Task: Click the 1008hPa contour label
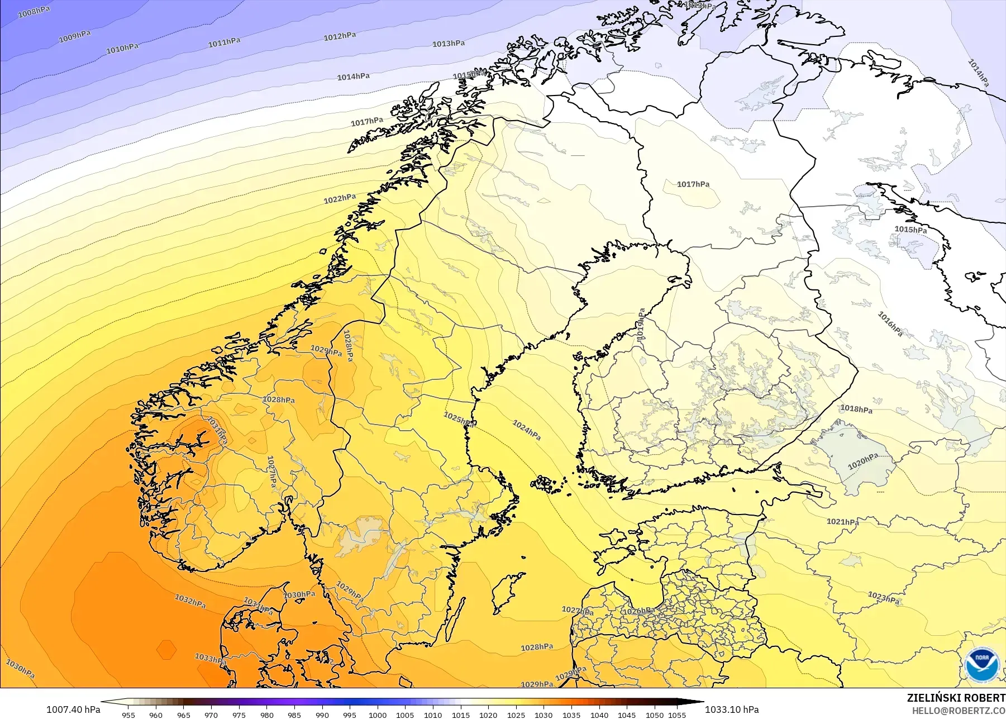[34, 12]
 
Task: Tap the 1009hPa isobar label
[75, 36]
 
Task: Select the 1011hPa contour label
[224, 42]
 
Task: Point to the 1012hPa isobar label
[340, 36]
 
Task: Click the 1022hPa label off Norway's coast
[340, 198]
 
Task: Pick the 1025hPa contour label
[459, 419]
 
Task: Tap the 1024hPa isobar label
[527, 430]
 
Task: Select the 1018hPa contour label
[856, 409]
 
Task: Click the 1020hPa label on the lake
[863, 461]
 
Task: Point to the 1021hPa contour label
[842, 522]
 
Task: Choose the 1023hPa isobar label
[884, 598]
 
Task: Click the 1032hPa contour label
[190, 602]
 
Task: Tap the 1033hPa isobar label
[210, 659]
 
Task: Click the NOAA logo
[981, 664]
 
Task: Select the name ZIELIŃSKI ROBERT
[956, 698]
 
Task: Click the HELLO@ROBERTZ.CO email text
[959, 711]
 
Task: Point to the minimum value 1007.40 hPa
[73, 710]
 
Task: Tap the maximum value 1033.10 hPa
[732, 710]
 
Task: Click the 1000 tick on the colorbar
[378, 715]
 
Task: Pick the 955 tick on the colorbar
[128, 715]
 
